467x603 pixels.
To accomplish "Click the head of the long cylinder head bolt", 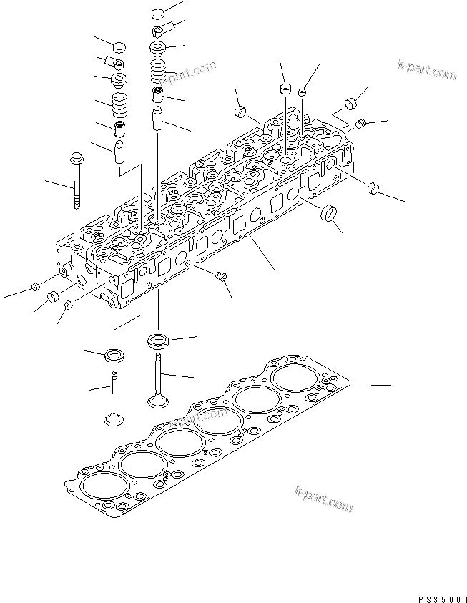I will point(77,158).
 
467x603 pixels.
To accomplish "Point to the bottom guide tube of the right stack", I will point(159,118).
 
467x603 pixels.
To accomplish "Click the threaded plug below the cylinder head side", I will point(221,275).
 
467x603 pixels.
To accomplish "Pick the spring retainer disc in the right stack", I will point(158,48).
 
